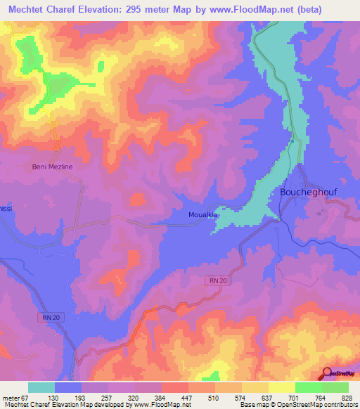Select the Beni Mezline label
coord(53,167)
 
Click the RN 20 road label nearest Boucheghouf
coord(217,280)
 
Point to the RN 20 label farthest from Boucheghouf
coord(46,318)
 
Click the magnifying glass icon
coord(328,373)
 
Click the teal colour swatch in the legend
coord(41,387)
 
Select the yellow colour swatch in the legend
coord(281,387)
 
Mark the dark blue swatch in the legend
coord(68,387)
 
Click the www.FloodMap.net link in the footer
coord(157,404)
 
